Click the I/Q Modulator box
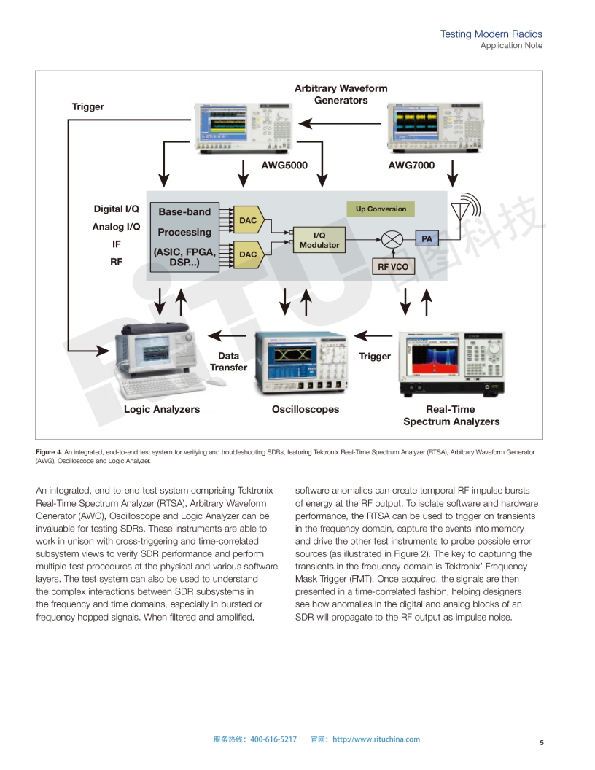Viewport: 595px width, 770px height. point(319,240)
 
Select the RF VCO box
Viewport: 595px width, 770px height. point(393,267)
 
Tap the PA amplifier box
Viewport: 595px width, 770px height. point(427,238)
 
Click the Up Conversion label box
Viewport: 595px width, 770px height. point(381,209)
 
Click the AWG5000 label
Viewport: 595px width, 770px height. point(284,166)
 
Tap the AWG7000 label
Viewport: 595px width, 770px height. point(411,166)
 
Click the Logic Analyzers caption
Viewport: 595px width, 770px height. point(162,410)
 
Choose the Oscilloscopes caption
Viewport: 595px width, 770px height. point(306,410)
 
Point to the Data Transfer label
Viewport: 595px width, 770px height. point(228,362)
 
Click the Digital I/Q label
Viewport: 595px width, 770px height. point(116,209)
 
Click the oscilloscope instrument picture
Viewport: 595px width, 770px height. point(300,362)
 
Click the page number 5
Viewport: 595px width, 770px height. point(542,743)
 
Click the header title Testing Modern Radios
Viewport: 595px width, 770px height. point(491,34)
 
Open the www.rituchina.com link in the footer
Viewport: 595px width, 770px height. point(376,739)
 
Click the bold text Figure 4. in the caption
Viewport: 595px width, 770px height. point(48,452)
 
